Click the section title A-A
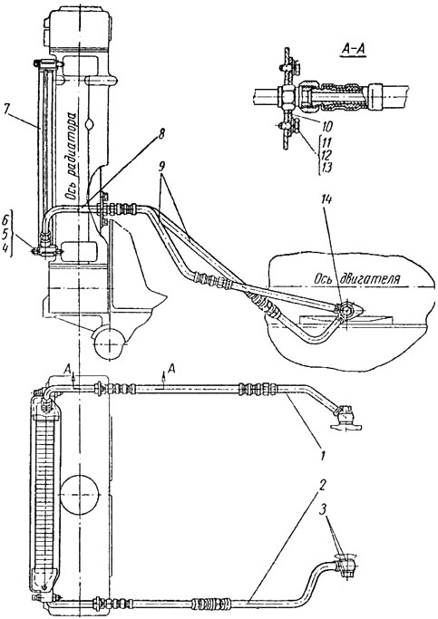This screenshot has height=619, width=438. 353,50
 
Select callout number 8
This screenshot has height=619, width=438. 161,134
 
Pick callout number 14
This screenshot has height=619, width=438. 329,202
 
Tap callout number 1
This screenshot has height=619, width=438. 323,455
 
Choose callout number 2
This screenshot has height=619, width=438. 323,485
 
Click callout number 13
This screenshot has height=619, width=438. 325,168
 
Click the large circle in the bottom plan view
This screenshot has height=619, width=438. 81,494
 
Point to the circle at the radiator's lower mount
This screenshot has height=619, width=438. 110,342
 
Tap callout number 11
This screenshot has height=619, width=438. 325,141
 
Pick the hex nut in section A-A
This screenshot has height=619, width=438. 287,96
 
